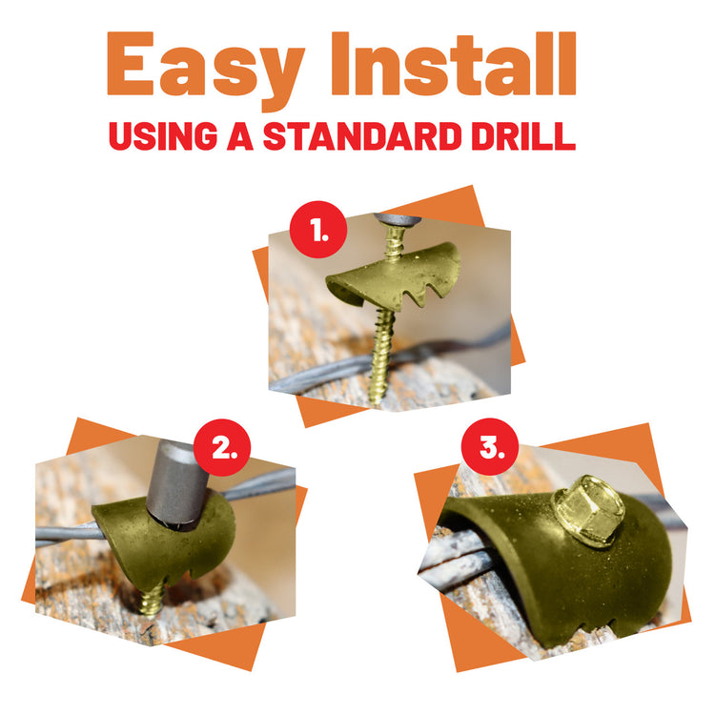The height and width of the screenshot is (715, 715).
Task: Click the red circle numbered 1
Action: [x=317, y=230]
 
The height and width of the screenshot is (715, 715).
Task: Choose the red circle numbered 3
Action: [x=490, y=448]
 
